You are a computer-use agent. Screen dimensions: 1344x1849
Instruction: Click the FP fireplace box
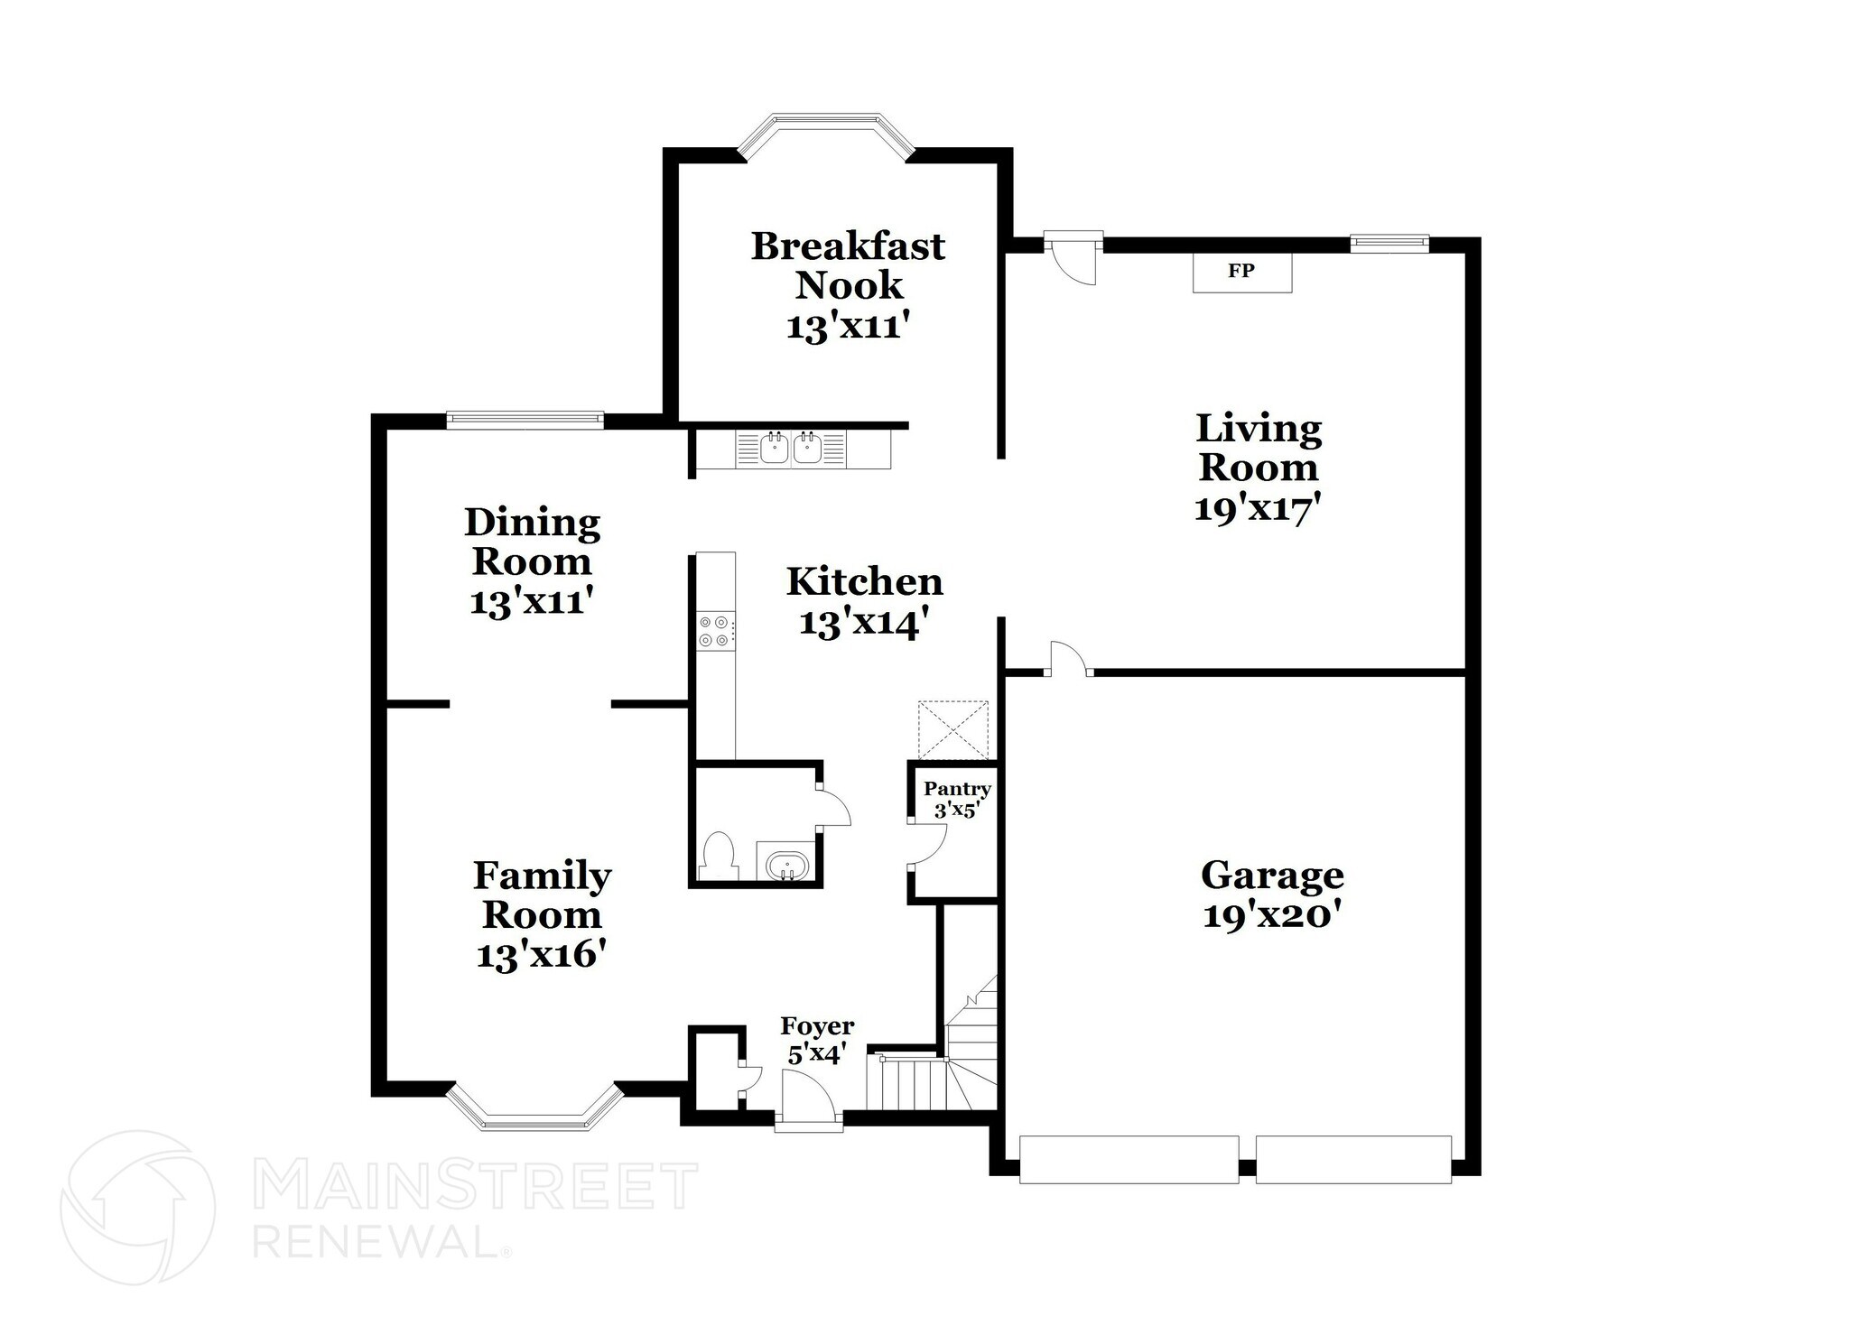point(1241,272)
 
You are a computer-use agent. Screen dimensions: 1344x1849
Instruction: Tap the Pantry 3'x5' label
point(957,799)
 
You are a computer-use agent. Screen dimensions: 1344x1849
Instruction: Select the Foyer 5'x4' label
point(817,1040)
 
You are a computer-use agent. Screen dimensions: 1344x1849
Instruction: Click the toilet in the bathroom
point(718,854)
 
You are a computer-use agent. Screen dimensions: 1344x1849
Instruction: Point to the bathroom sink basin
point(788,866)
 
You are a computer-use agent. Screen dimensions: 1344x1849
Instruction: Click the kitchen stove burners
point(714,630)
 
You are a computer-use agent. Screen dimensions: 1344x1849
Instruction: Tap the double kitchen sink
point(790,448)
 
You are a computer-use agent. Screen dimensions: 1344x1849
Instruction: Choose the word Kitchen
point(864,582)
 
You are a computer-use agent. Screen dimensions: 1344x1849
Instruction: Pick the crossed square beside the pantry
point(953,730)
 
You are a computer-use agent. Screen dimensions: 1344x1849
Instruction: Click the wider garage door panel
point(1129,1160)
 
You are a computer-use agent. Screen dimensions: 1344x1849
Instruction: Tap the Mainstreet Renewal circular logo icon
point(137,1208)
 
